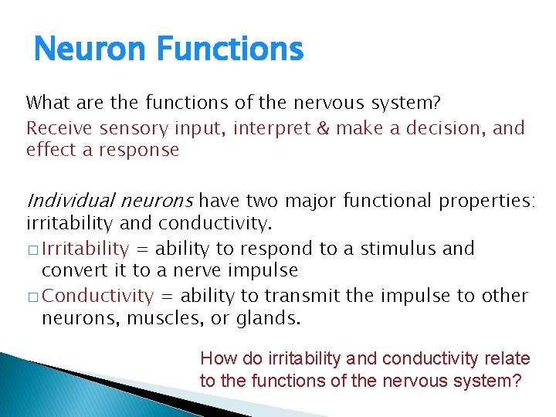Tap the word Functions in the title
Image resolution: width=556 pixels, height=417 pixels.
229,50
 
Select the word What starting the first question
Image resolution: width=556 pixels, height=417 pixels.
48,103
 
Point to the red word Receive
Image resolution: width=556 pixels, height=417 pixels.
59,127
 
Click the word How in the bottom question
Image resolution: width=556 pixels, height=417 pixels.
217,359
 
